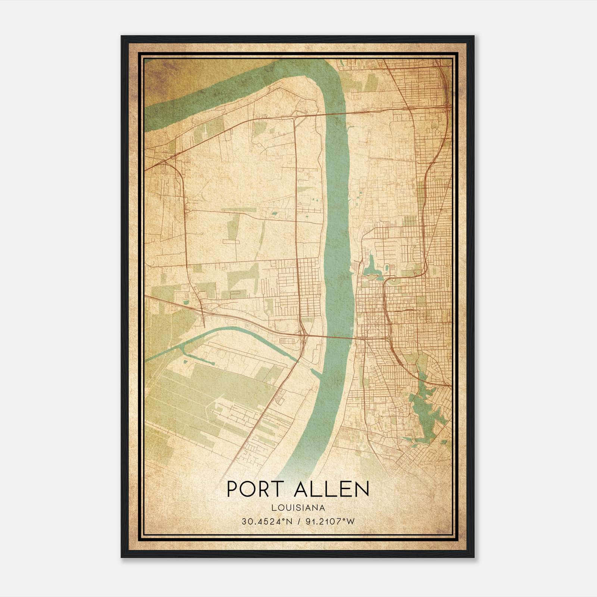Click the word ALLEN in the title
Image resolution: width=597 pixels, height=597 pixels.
point(331,489)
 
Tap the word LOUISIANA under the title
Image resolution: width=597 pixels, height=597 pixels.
point(298,508)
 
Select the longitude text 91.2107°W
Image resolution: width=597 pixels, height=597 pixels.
point(330,522)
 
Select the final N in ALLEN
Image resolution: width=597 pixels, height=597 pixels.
point(362,489)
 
